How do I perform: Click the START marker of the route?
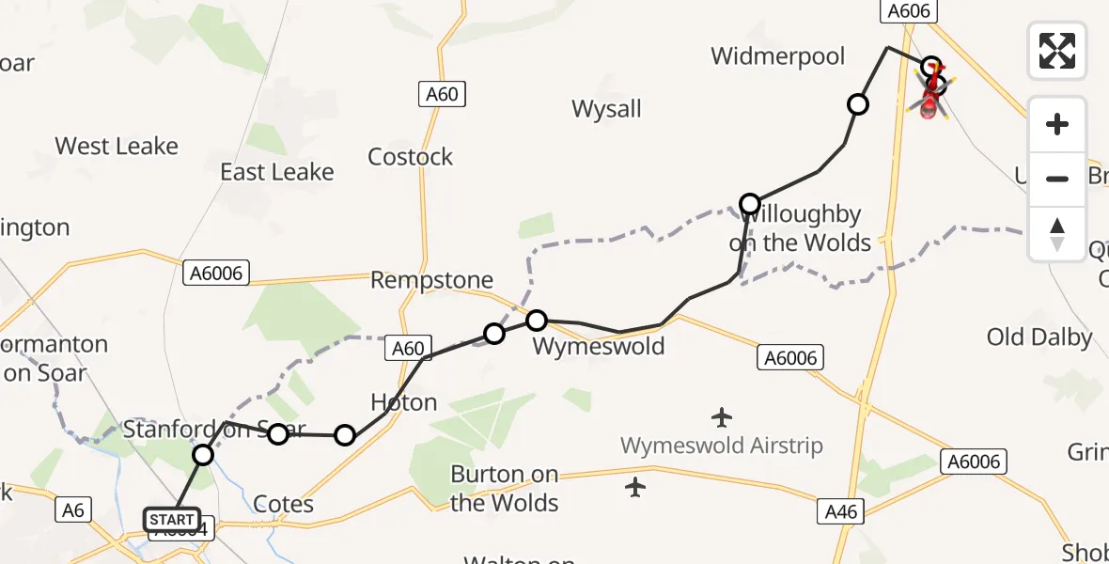(x=171, y=519)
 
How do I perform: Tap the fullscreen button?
(x=1057, y=51)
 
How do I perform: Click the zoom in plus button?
(x=1057, y=124)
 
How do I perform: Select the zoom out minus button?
(x=1057, y=179)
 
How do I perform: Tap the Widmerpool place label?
(x=778, y=56)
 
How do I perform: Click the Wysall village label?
(x=606, y=109)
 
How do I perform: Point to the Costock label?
(x=411, y=157)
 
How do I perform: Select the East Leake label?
(x=277, y=172)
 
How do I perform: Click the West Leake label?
(x=117, y=147)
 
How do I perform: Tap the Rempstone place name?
(x=431, y=280)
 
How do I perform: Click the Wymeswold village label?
(x=599, y=347)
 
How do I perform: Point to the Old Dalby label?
(x=1039, y=337)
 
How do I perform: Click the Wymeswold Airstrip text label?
(x=722, y=446)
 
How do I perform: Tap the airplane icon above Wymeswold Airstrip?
(x=722, y=416)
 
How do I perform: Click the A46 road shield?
(x=840, y=511)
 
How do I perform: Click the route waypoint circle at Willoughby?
(x=750, y=204)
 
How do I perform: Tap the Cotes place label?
(x=283, y=505)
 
